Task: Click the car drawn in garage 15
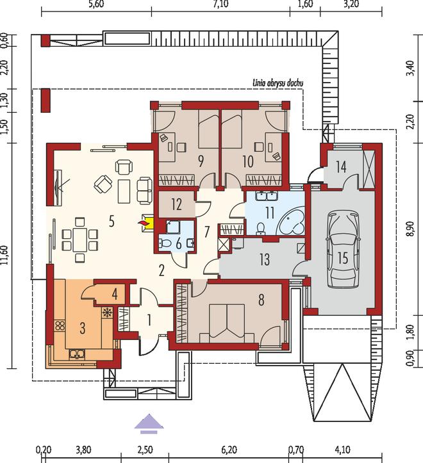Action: pyautogui.click(x=343, y=250)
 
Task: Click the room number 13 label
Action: pyautogui.click(x=264, y=259)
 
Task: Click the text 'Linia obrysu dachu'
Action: pyautogui.click(x=278, y=83)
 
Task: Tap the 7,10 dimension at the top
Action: pyautogui.click(x=220, y=5)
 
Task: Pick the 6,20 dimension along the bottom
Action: pyautogui.click(x=229, y=450)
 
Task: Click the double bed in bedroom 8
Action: pyautogui.click(x=227, y=323)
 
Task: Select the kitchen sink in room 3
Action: pyautogui.click(x=77, y=354)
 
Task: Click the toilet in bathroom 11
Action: pyautogui.click(x=261, y=228)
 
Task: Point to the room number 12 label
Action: pyautogui.click(x=176, y=204)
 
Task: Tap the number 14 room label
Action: pyautogui.click(x=341, y=167)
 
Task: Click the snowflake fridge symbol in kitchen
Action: pyautogui.click(x=106, y=313)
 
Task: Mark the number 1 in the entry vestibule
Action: pyautogui.click(x=149, y=320)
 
